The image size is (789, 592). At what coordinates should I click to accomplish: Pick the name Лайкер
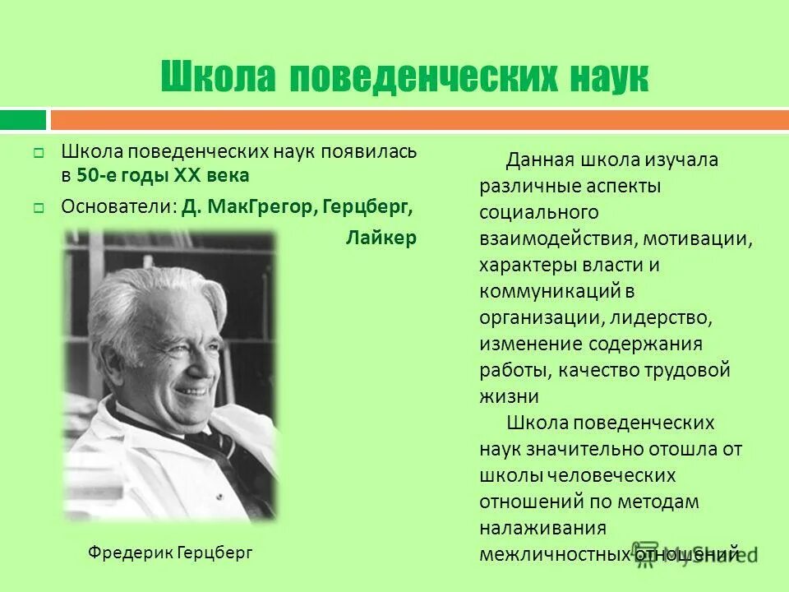(x=381, y=238)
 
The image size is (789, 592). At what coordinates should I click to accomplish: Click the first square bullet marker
(x=38, y=153)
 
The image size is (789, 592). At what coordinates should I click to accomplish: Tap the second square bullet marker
(x=38, y=208)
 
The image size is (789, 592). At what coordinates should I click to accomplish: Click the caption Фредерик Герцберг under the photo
(x=170, y=552)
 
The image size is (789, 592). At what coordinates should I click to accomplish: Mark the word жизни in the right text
(x=509, y=396)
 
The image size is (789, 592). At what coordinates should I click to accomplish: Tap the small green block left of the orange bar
(x=23, y=120)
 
